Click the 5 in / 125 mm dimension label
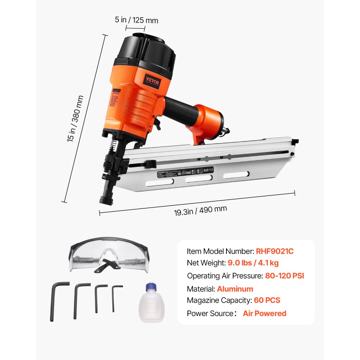pyautogui.click(x=136, y=20)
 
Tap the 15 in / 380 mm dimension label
pyautogui.click(x=75, y=119)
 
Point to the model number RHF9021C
pyautogui.click(x=275, y=251)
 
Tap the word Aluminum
pyautogui.click(x=235, y=289)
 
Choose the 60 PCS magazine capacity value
pyautogui.click(x=267, y=300)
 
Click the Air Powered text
pyautogui.click(x=265, y=313)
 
